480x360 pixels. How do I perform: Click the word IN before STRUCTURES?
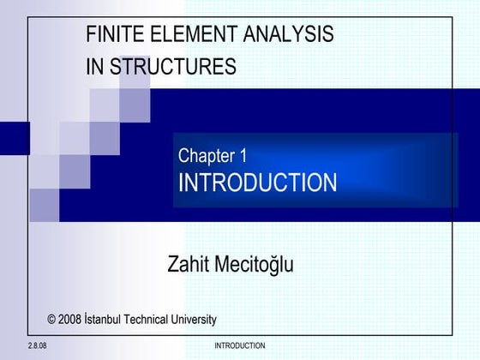[x=94, y=67]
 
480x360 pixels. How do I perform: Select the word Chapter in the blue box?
[x=206, y=156]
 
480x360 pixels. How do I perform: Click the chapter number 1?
[x=243, y=156]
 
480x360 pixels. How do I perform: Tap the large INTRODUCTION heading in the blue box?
[x=257, y=183]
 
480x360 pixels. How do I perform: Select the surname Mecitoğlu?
[x=253, y=265]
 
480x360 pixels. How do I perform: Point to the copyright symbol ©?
[x=52, y=320]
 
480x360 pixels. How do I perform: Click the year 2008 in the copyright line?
[x=71, y=320]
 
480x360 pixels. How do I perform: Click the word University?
[x=194, y=320]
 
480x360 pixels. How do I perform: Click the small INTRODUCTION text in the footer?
[x=239, y=346]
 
